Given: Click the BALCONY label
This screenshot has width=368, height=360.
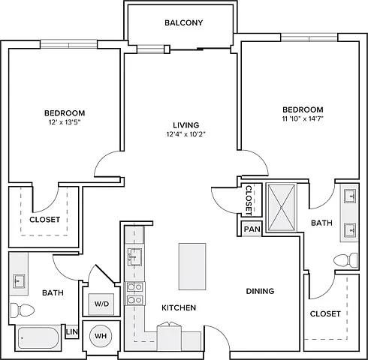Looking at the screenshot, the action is coord(183,22).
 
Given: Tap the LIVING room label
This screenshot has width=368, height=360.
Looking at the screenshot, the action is coord(186,125).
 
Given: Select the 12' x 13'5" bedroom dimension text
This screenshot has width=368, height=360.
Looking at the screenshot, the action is coord(65,122).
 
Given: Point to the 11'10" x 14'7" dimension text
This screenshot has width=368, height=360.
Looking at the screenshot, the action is coord(303,118).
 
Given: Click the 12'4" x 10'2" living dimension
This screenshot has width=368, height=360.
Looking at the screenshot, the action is coord(186,134).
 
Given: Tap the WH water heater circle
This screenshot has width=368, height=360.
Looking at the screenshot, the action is coord(101,336).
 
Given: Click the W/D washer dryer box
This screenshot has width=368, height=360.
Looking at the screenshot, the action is coord(101,304).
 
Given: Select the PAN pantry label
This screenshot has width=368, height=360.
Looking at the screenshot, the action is coord(252,229).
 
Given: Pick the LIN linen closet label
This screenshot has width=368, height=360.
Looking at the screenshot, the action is coord(72,332).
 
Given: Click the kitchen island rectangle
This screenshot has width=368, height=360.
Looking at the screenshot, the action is coord(192,266).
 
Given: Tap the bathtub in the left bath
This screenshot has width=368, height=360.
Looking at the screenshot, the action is coord(39,338).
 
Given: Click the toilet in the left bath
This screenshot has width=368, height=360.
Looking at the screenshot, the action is coord(22,310).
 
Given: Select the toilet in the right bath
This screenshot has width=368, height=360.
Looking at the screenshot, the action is coord(345,260).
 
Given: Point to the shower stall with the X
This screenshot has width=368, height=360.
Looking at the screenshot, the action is coord(281,208).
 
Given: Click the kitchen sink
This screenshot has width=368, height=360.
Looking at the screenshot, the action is coord(134,257).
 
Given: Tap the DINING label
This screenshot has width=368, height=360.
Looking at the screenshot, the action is coord(260,291).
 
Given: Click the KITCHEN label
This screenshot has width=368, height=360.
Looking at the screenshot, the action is coord(179,307).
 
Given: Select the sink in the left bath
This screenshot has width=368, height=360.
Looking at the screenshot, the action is coord(20,281).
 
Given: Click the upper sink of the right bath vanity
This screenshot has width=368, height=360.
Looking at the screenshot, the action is coord(350,196).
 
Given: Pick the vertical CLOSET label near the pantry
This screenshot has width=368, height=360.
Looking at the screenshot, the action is coord(249,200).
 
